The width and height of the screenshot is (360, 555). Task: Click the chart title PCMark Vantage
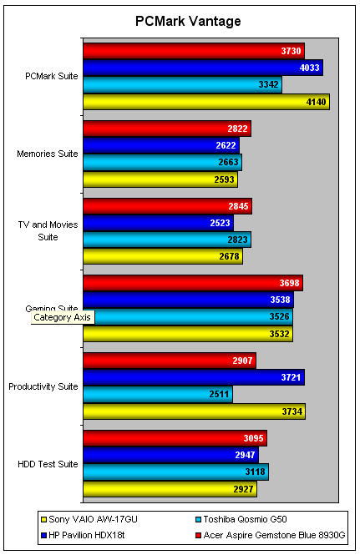coord(180,21)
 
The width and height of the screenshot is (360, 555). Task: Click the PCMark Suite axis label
coord(52,76)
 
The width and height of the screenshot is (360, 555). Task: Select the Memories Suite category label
coord(48,154)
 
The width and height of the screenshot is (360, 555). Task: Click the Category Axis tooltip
coord(63,317)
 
